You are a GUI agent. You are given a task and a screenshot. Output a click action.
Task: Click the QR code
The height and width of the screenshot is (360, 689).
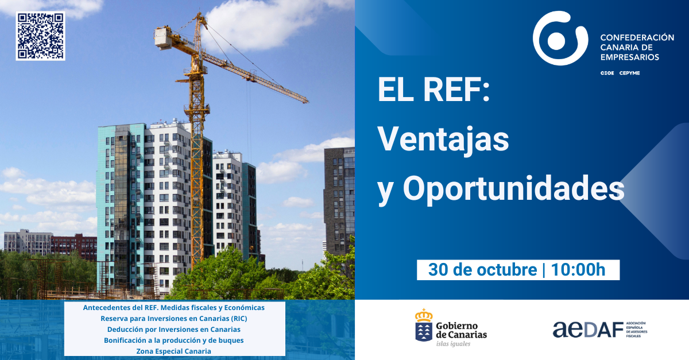40,36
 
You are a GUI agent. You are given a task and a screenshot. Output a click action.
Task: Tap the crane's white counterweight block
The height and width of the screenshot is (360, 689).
162,38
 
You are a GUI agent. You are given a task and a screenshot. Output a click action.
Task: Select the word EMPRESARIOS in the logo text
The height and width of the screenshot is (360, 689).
630,57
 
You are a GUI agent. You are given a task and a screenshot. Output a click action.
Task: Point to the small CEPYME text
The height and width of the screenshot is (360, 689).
629,73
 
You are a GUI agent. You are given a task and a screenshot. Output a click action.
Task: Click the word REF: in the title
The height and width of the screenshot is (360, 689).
456,90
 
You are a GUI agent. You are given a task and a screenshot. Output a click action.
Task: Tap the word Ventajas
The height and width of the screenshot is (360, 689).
443,140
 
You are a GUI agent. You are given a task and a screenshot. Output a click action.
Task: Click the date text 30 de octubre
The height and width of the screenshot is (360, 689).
483,269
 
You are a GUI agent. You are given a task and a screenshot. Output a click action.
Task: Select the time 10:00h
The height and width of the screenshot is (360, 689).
578,269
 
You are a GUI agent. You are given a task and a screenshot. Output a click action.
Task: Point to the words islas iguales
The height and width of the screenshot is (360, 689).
453,344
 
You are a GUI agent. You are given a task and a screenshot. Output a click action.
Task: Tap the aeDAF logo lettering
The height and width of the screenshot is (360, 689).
588,330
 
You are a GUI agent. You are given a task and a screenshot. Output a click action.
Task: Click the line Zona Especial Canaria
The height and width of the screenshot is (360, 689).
174,351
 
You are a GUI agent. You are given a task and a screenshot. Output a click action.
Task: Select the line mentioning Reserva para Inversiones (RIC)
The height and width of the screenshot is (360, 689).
174,319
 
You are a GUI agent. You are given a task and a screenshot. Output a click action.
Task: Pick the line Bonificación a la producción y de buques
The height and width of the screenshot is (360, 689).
174,340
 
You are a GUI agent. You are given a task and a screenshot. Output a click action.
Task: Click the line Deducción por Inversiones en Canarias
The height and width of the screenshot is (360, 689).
174,329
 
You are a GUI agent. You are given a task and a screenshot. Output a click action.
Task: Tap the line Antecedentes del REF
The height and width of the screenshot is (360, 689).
174,307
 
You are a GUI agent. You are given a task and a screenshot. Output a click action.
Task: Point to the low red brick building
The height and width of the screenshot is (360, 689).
74,246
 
